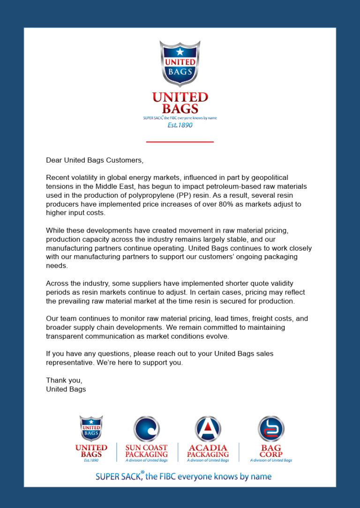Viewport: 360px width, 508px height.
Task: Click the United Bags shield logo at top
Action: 180,64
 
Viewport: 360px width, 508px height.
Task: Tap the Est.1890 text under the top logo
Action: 180,125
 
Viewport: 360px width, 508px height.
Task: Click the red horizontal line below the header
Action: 180,142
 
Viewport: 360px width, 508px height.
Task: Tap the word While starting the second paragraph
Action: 55,231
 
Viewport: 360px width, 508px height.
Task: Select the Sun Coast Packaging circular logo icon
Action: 147,429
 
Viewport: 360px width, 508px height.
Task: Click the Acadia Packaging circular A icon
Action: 208,429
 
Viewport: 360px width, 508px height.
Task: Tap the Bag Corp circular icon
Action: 271,429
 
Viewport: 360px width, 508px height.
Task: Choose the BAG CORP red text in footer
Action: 271,451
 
